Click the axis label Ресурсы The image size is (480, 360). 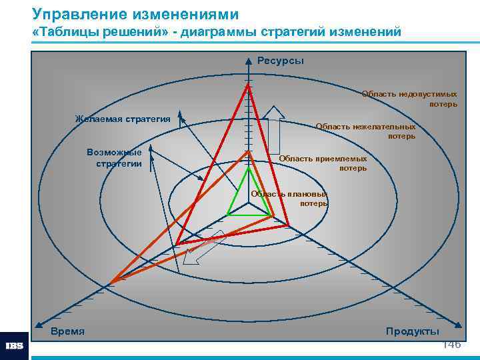pyautogui.click(x=280, y=61)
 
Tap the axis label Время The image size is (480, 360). pyautogui.click(x=67, y=331)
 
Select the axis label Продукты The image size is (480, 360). pyautogui.click(x=412, y=331)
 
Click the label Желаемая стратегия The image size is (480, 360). pyautogui.click(x=123, y=119)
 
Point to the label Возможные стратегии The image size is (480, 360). pyautogui.click(x=114, y=158)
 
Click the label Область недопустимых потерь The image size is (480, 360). pyautogui.click(x=409, y=99)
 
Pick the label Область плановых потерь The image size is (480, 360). pyautogui.click(x=289, y=199)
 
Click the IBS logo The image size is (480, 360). pyautogui.click(x=14, y=346)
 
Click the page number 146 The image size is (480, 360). pyautogui.click(x=451, y=345)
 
